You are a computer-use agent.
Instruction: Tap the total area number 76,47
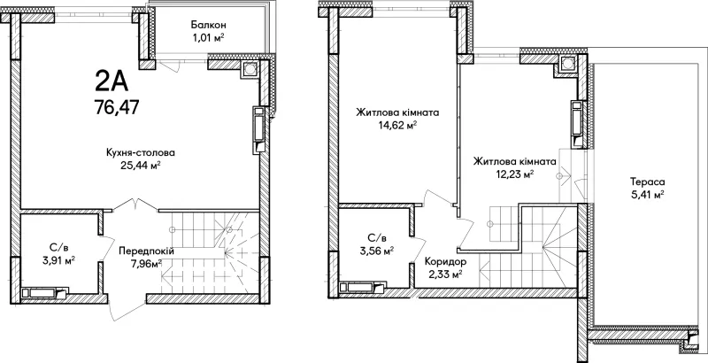[117, 107]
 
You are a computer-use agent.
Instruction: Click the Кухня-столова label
[141, 152]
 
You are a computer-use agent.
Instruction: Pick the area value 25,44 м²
[141, 166]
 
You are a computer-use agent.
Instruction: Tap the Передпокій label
[146, 251]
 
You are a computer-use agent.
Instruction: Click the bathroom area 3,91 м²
[57, 260]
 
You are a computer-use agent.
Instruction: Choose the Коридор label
[446, 262]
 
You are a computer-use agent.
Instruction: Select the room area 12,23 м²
[514, 174]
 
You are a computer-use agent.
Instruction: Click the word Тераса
[648, 182]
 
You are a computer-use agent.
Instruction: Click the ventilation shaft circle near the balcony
[250, 68]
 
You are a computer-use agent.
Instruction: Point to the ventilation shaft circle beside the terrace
[567, 63]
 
